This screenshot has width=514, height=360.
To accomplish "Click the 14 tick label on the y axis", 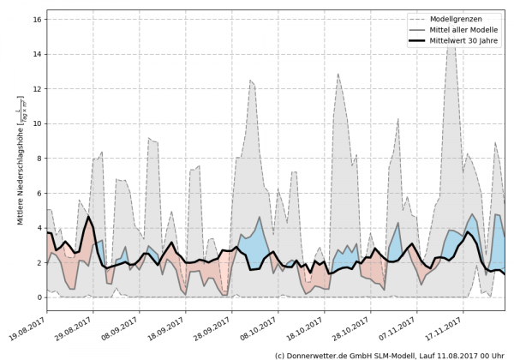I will [38, 54].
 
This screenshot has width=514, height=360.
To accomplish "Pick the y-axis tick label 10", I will [38, 123].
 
